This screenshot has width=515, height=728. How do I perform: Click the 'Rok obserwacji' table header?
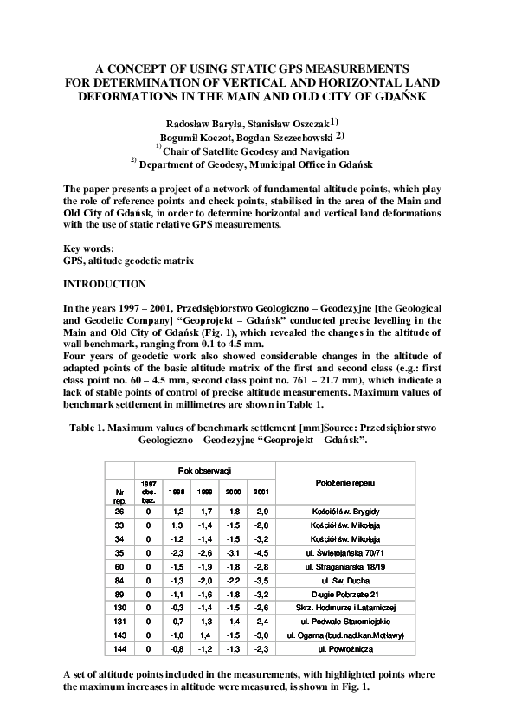[x=204, y=470]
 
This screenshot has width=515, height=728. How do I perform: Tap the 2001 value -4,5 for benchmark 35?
[x=261, y=551]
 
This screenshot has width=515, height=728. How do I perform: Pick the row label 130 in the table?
[x=119, y=609]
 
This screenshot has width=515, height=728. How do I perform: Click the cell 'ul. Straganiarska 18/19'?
[x=345, y=565]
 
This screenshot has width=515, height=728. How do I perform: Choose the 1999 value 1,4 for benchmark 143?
[x=204, y=635]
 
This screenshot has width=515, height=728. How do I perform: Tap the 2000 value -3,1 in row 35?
[x=233, y=551]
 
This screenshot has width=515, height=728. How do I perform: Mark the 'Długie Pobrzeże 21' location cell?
[x=345, y=594]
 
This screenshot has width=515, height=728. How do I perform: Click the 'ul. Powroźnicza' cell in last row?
[x=345, y=648]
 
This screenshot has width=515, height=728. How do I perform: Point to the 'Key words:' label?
[x=89, y=248]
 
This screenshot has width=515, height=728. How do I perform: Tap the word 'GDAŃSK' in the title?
[x=394, y=95]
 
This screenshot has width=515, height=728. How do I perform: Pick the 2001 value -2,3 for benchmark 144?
[x=261, y=648]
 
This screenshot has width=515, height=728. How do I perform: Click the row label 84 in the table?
[x=119, y=580]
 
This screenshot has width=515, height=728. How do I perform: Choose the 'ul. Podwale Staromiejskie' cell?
[x=345, y=622]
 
